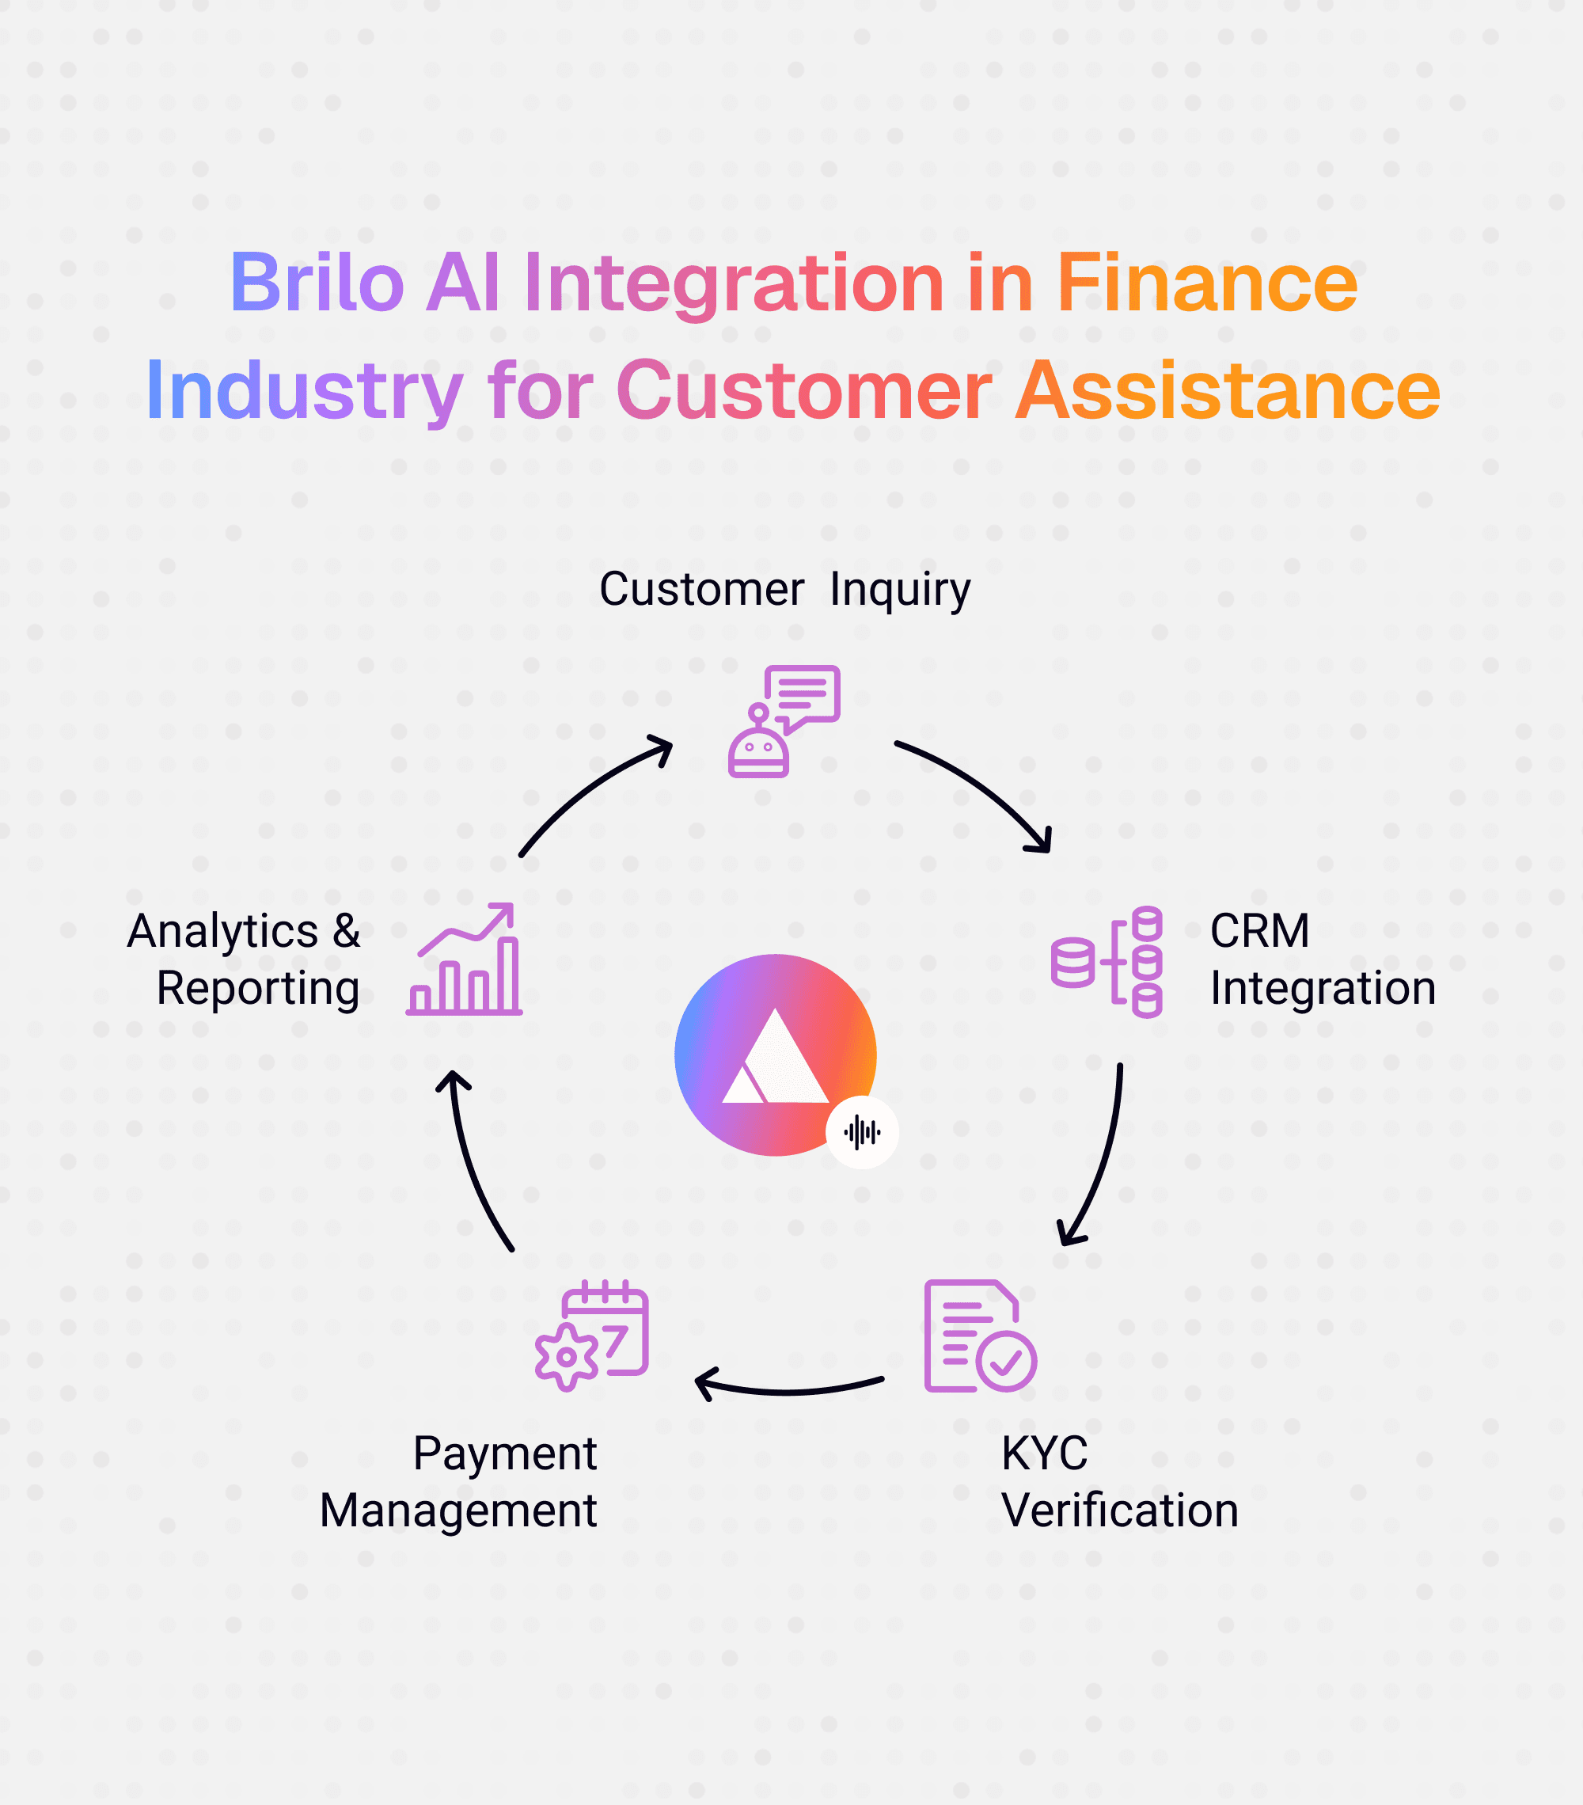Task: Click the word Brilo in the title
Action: coord(317,283)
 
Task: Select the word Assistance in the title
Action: coord(1227,390)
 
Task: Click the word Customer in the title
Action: coord(803,390)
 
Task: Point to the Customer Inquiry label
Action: coord(784,589)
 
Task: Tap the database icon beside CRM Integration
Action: coord(1107,962)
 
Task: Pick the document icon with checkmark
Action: coord(979,1336)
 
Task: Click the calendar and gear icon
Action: coord(591,1336)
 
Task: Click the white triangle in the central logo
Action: coord(775,1060)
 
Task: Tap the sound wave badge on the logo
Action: coord(862,1131)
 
